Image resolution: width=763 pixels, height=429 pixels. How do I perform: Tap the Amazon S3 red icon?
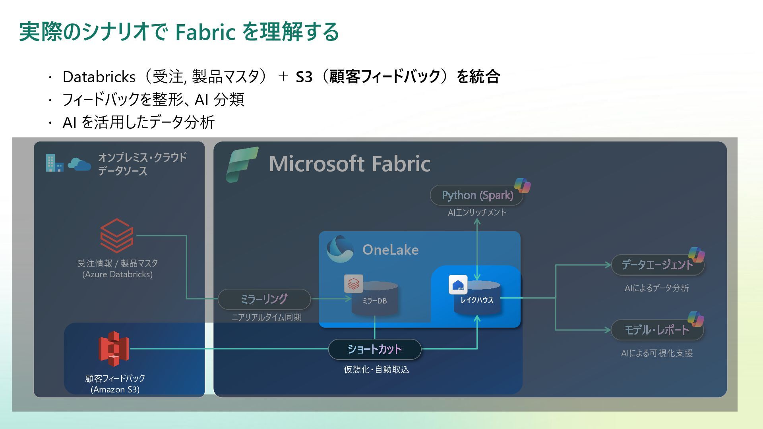point(114,349)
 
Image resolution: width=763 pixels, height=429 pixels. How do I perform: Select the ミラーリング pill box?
point(264,299)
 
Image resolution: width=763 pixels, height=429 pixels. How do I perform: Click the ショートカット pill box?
point(374,349)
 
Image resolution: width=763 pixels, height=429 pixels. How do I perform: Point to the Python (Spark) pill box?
point(477,195)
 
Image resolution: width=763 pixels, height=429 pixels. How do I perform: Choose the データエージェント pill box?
point(657,265)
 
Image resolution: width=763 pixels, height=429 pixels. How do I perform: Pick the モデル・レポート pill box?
point(656,330)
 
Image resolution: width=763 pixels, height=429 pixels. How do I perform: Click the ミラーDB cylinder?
point(374,299)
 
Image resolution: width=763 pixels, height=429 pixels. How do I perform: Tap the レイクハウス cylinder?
point(477,299)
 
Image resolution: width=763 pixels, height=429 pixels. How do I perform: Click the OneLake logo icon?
point(340,249)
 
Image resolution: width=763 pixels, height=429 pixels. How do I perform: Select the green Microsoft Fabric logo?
point(242,164)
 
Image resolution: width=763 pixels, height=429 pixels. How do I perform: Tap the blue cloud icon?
point(79,164)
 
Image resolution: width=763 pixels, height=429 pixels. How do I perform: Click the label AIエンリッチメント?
point(477,213)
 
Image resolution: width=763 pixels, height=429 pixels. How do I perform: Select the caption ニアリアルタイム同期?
point(266,317)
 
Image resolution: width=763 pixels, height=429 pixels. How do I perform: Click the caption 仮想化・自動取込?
point(376,369)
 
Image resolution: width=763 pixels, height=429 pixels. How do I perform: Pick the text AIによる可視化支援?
point(656,353)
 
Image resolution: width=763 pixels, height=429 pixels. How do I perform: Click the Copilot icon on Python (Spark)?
point(522,186)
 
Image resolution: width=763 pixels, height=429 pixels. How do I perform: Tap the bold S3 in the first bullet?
point(304,77)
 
